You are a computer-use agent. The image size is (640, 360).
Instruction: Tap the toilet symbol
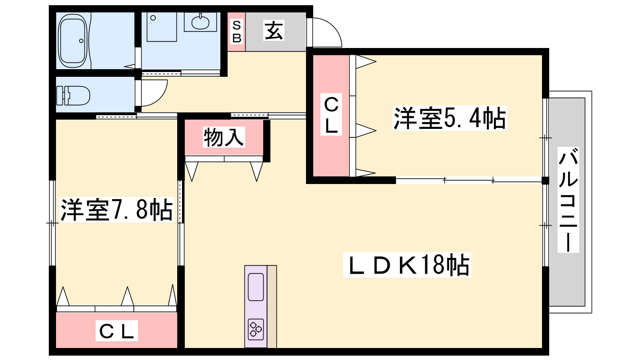coord(73,96)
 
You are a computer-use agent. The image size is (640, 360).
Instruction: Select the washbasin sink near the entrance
coord(200,22)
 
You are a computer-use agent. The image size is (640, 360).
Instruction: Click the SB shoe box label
coord(236,32)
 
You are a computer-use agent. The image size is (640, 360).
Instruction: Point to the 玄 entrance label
coord(274,30)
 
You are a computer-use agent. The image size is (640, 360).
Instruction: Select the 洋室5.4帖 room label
coord(450,118)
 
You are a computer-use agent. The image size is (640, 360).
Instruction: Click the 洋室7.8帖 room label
coord(116,210)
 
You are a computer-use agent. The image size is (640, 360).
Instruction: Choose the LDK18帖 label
coord(407,265)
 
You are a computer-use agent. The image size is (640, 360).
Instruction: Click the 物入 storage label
coord(224,137)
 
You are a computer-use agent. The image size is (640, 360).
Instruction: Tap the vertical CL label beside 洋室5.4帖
coord(331,114)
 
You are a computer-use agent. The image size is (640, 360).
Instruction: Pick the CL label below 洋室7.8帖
coord(116,331)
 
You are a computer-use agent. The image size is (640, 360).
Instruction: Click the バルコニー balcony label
coord(568,200)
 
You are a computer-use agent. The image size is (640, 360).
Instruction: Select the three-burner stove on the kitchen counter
coord(256,329)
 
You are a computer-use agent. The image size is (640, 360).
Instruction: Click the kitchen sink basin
coord(256,287)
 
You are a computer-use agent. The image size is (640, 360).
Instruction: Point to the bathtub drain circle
coord(81,41)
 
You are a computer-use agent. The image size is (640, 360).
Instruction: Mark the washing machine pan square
coord(162,27)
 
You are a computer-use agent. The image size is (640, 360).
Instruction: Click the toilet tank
coord(63,96)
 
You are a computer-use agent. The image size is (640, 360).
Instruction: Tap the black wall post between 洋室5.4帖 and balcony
coord(546,180)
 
